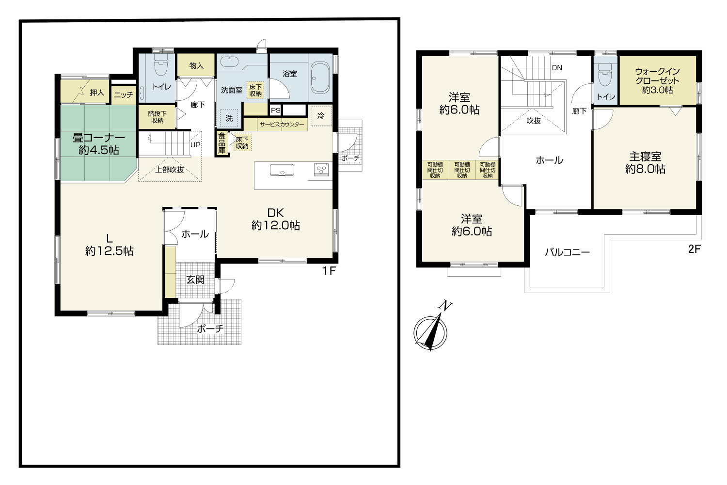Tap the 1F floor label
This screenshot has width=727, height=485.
point(329,270)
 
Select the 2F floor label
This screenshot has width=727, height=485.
point(694,249)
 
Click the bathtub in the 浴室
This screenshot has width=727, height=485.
point(320,78)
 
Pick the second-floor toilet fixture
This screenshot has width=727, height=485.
point(605,74)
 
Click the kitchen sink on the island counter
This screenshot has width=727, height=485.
point(282,170)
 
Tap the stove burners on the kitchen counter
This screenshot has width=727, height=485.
point(321,170)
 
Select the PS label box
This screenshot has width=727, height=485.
point(276,110)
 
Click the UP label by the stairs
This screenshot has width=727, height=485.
point(195,145)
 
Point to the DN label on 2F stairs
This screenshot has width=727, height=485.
point(557,68)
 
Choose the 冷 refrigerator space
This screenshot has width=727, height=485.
point(321,116)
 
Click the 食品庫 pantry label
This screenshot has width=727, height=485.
point(221,143)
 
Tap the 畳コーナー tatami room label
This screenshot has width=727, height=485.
point(99,144)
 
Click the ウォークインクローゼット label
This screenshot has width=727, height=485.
point(657,81)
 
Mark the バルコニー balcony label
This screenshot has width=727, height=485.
point(568,252)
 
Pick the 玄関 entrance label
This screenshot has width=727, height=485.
point(195,280)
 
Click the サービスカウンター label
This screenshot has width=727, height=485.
point(282,125)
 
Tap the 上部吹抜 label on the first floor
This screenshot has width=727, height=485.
point(170,170)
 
